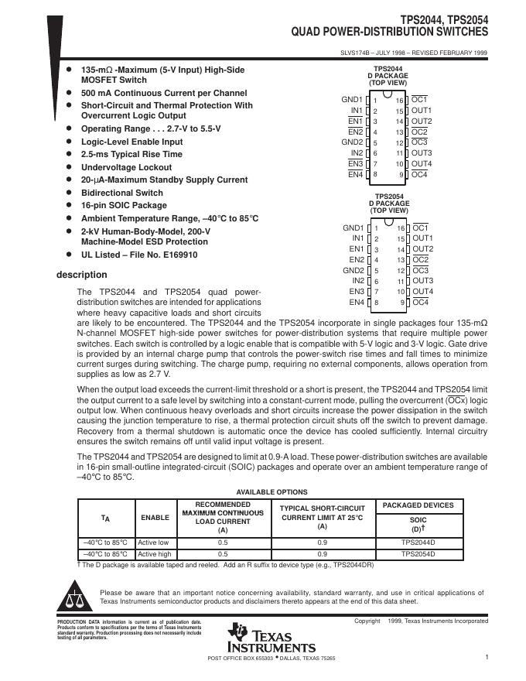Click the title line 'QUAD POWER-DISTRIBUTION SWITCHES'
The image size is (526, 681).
[x=389, y=33]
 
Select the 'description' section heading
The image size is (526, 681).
[x=82, y=275]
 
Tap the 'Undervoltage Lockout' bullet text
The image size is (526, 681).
[x=126, y=167]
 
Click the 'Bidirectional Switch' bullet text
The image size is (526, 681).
[x=122, y=193]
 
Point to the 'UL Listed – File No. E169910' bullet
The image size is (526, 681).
[x=139, y=255]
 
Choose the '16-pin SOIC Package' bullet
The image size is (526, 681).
[x=124, y=205]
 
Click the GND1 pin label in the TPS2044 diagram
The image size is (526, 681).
[x=352, y=100]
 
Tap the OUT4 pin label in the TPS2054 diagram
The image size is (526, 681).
[x=422, y=292]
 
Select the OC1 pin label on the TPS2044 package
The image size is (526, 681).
[x=419, y=100]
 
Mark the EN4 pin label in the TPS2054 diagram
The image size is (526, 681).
[x=356, y=303]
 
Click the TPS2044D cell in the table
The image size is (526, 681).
[x=418, y=543]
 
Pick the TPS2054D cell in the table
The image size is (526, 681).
[x=418, y=554]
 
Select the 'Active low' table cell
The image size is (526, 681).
[x=152, y=543]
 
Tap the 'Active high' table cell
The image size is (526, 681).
[x=153, y=554]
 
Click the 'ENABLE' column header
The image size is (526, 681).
[x=152, y=518]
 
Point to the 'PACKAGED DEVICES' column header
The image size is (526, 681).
[x=418, y=505]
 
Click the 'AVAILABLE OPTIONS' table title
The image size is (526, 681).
[x=272, y=492]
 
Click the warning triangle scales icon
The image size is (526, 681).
[x=74, y=599]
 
